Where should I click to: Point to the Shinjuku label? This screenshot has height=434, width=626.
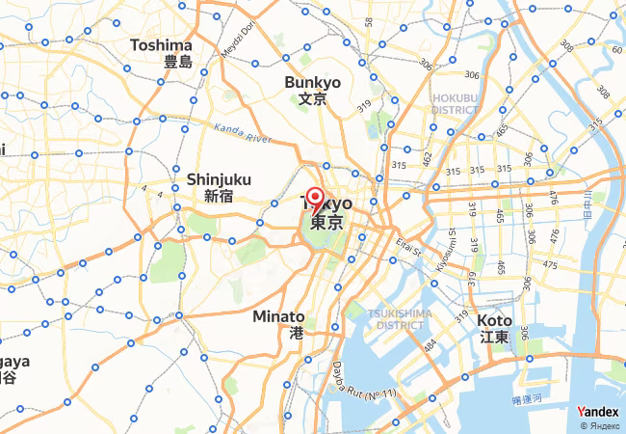click(x=219, y=178)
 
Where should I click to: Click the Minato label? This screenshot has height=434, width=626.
click(x=278, y=316)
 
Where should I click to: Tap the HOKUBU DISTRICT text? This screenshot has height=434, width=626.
click(x=455, y=103)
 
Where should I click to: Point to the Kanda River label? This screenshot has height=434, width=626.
click(x=243, y=131)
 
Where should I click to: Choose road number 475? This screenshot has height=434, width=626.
click(x=550, y=264)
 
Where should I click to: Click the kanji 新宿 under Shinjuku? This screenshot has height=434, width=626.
click(x=219, y=196)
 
